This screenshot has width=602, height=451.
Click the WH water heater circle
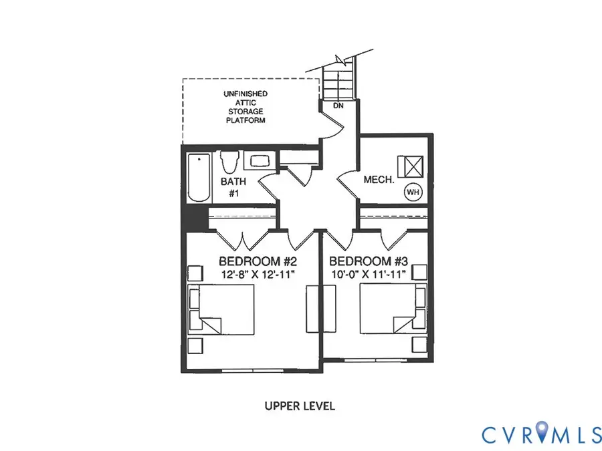click(x=413, y=192)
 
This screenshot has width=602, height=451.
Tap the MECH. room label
click(x=378, y=180)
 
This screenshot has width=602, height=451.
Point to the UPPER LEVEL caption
click(x=299, y=406)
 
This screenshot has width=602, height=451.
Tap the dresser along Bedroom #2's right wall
click(x=312, y=308)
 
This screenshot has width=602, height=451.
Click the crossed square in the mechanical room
click(x=411, y=164)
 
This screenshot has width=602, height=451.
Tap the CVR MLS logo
click(x=542, y=434)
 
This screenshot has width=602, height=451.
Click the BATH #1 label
click(x=233, y=187)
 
